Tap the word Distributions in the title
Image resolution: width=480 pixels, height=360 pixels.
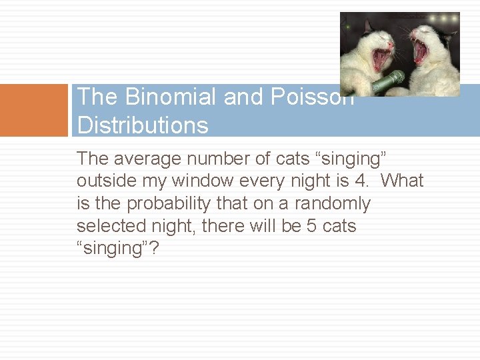[x=143, y=125]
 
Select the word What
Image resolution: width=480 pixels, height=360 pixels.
[x=402, y=181]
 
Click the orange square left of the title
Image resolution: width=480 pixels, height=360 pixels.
[x=34, y=110]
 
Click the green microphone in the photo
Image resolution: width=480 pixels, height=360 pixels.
[x=388, y=82]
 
